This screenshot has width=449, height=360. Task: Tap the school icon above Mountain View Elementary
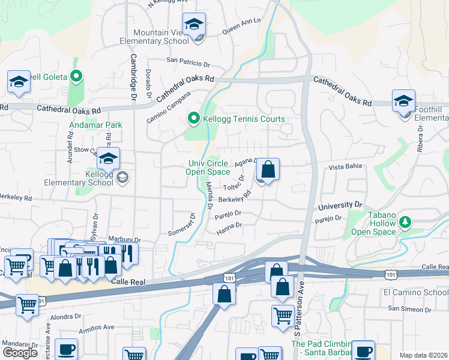(x=194, y=25)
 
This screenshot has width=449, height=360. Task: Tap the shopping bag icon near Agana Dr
(x=268, y=170)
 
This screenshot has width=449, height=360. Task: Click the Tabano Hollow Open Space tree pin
(x=405, y=223)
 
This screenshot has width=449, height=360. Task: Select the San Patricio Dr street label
(x=188, y=61)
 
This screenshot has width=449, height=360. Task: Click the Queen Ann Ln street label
(x=242, y=25)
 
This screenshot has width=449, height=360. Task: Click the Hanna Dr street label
(x=229, y=226)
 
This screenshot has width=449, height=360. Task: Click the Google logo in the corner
(x=20, y=353)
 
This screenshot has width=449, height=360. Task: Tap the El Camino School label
(x=415, y=292)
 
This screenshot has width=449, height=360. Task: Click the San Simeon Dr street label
(x=409, y=308)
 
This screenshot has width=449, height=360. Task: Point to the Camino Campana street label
(x=169, y=107)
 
